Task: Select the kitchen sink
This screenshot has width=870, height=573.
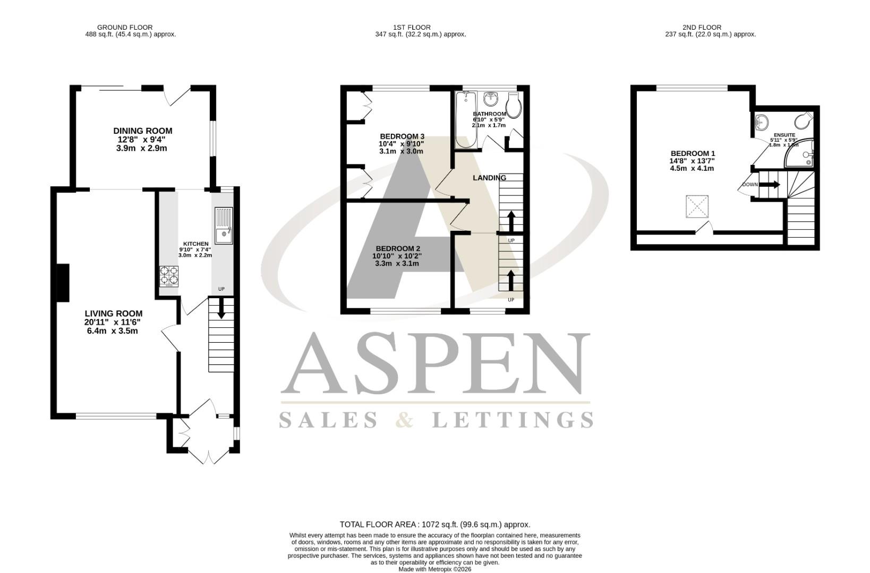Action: point(224,225)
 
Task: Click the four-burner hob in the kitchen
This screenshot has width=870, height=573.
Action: point(169,276)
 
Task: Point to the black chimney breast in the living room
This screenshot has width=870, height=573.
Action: point(63,283)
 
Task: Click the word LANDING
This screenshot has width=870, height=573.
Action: point(489,178)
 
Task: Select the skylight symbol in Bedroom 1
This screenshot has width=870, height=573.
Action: point(697,206)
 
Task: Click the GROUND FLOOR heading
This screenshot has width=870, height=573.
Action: point(125,27)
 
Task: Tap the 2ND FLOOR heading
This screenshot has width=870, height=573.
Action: point(702,27)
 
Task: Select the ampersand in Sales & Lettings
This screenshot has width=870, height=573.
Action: point(405,420)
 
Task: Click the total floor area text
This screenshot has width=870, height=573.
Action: point(434,524)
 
